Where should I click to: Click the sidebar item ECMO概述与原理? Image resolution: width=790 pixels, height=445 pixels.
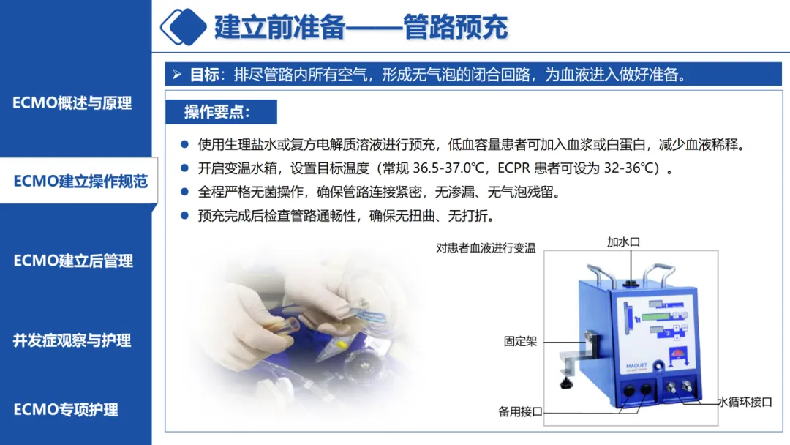pos(72,102)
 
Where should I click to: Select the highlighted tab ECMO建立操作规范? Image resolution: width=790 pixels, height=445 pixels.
pos(80,181)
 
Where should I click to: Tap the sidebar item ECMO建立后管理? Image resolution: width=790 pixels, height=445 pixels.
pos(73,261)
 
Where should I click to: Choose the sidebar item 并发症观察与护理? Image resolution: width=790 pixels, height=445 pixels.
pos(72,340)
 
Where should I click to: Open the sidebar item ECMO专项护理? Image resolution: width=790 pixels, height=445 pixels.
pos(66,409)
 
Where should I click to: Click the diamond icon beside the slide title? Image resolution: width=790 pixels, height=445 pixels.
pos(184,26)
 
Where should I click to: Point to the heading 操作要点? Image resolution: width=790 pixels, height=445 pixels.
pos(217,112)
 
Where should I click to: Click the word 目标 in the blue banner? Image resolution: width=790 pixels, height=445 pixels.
pos(204,75)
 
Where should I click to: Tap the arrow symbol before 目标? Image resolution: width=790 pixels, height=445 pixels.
pos(177,75)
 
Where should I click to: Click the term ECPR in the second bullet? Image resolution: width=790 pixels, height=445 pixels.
pos(514,168)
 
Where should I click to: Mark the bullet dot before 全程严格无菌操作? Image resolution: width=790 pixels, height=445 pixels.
pos(184,192)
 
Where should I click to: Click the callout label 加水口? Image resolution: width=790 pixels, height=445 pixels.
pos(623,242)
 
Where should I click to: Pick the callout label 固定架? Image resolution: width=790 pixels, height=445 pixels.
pos(521,342)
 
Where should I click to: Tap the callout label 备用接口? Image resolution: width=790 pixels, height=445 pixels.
pos(521,412)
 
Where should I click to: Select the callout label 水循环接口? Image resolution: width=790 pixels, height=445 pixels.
pos(745,402)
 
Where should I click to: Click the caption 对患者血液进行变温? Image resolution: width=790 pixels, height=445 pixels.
pos(486,248)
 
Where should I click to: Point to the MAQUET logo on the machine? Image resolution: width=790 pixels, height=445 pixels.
pos(636,366)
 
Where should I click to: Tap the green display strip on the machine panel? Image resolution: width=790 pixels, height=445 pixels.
pos(655,317)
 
